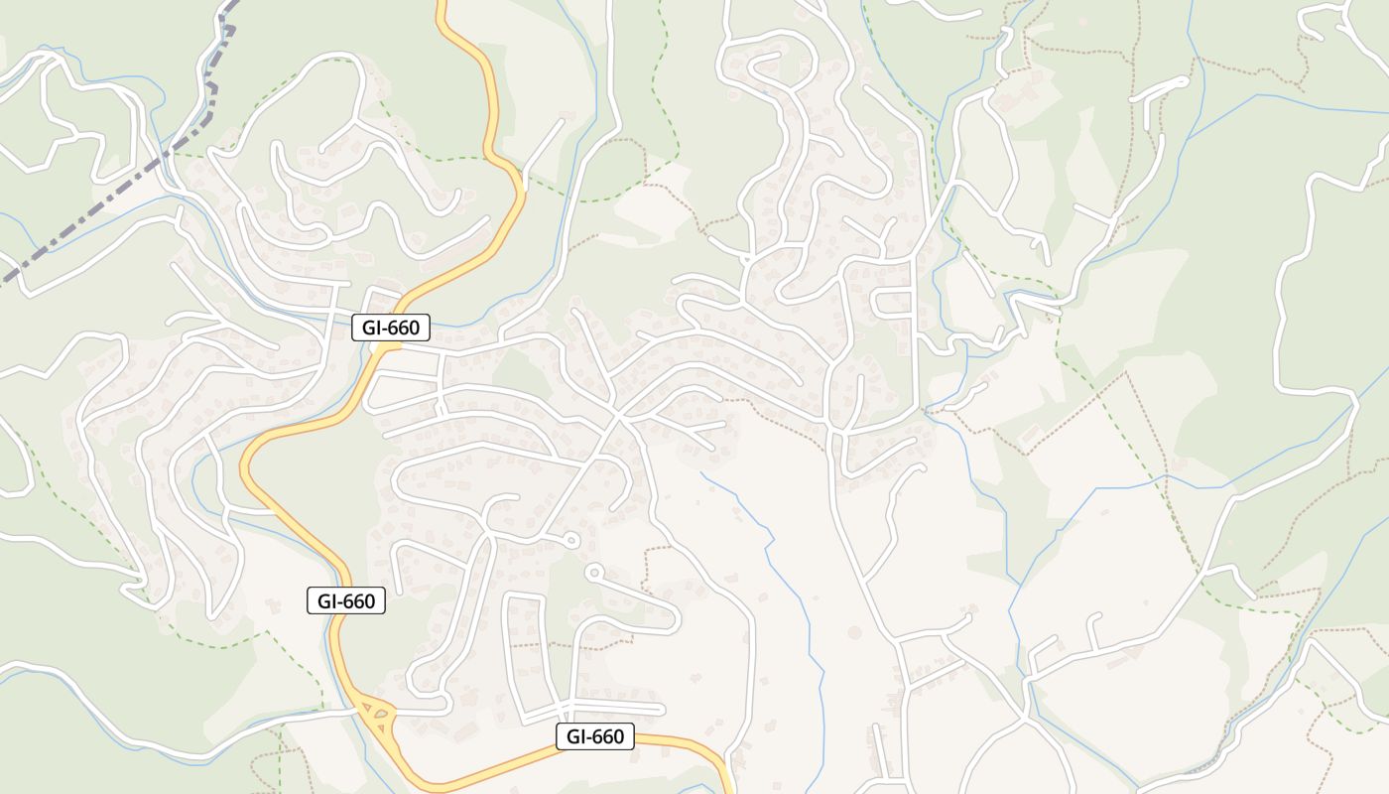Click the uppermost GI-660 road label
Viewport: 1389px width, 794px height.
pyautogui.click(x=391, y=328)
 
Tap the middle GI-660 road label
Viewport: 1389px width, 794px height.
pyautogui.click(x=345, y=600)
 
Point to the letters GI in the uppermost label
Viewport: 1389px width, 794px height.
pyautogui.click(x=373, y=328)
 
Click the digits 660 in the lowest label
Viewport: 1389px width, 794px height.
pyautogui.click(x=606, y=735)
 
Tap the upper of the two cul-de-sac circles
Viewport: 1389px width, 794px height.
pyautogui.click(x=570, y=540)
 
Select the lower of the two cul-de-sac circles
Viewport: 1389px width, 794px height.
pyautogui.click(x=594, y=572)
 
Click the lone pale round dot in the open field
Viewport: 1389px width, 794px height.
pyautogui.click(x=853, y=632)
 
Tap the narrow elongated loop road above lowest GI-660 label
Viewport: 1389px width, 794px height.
pyautogui.click(x=525, y=655)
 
